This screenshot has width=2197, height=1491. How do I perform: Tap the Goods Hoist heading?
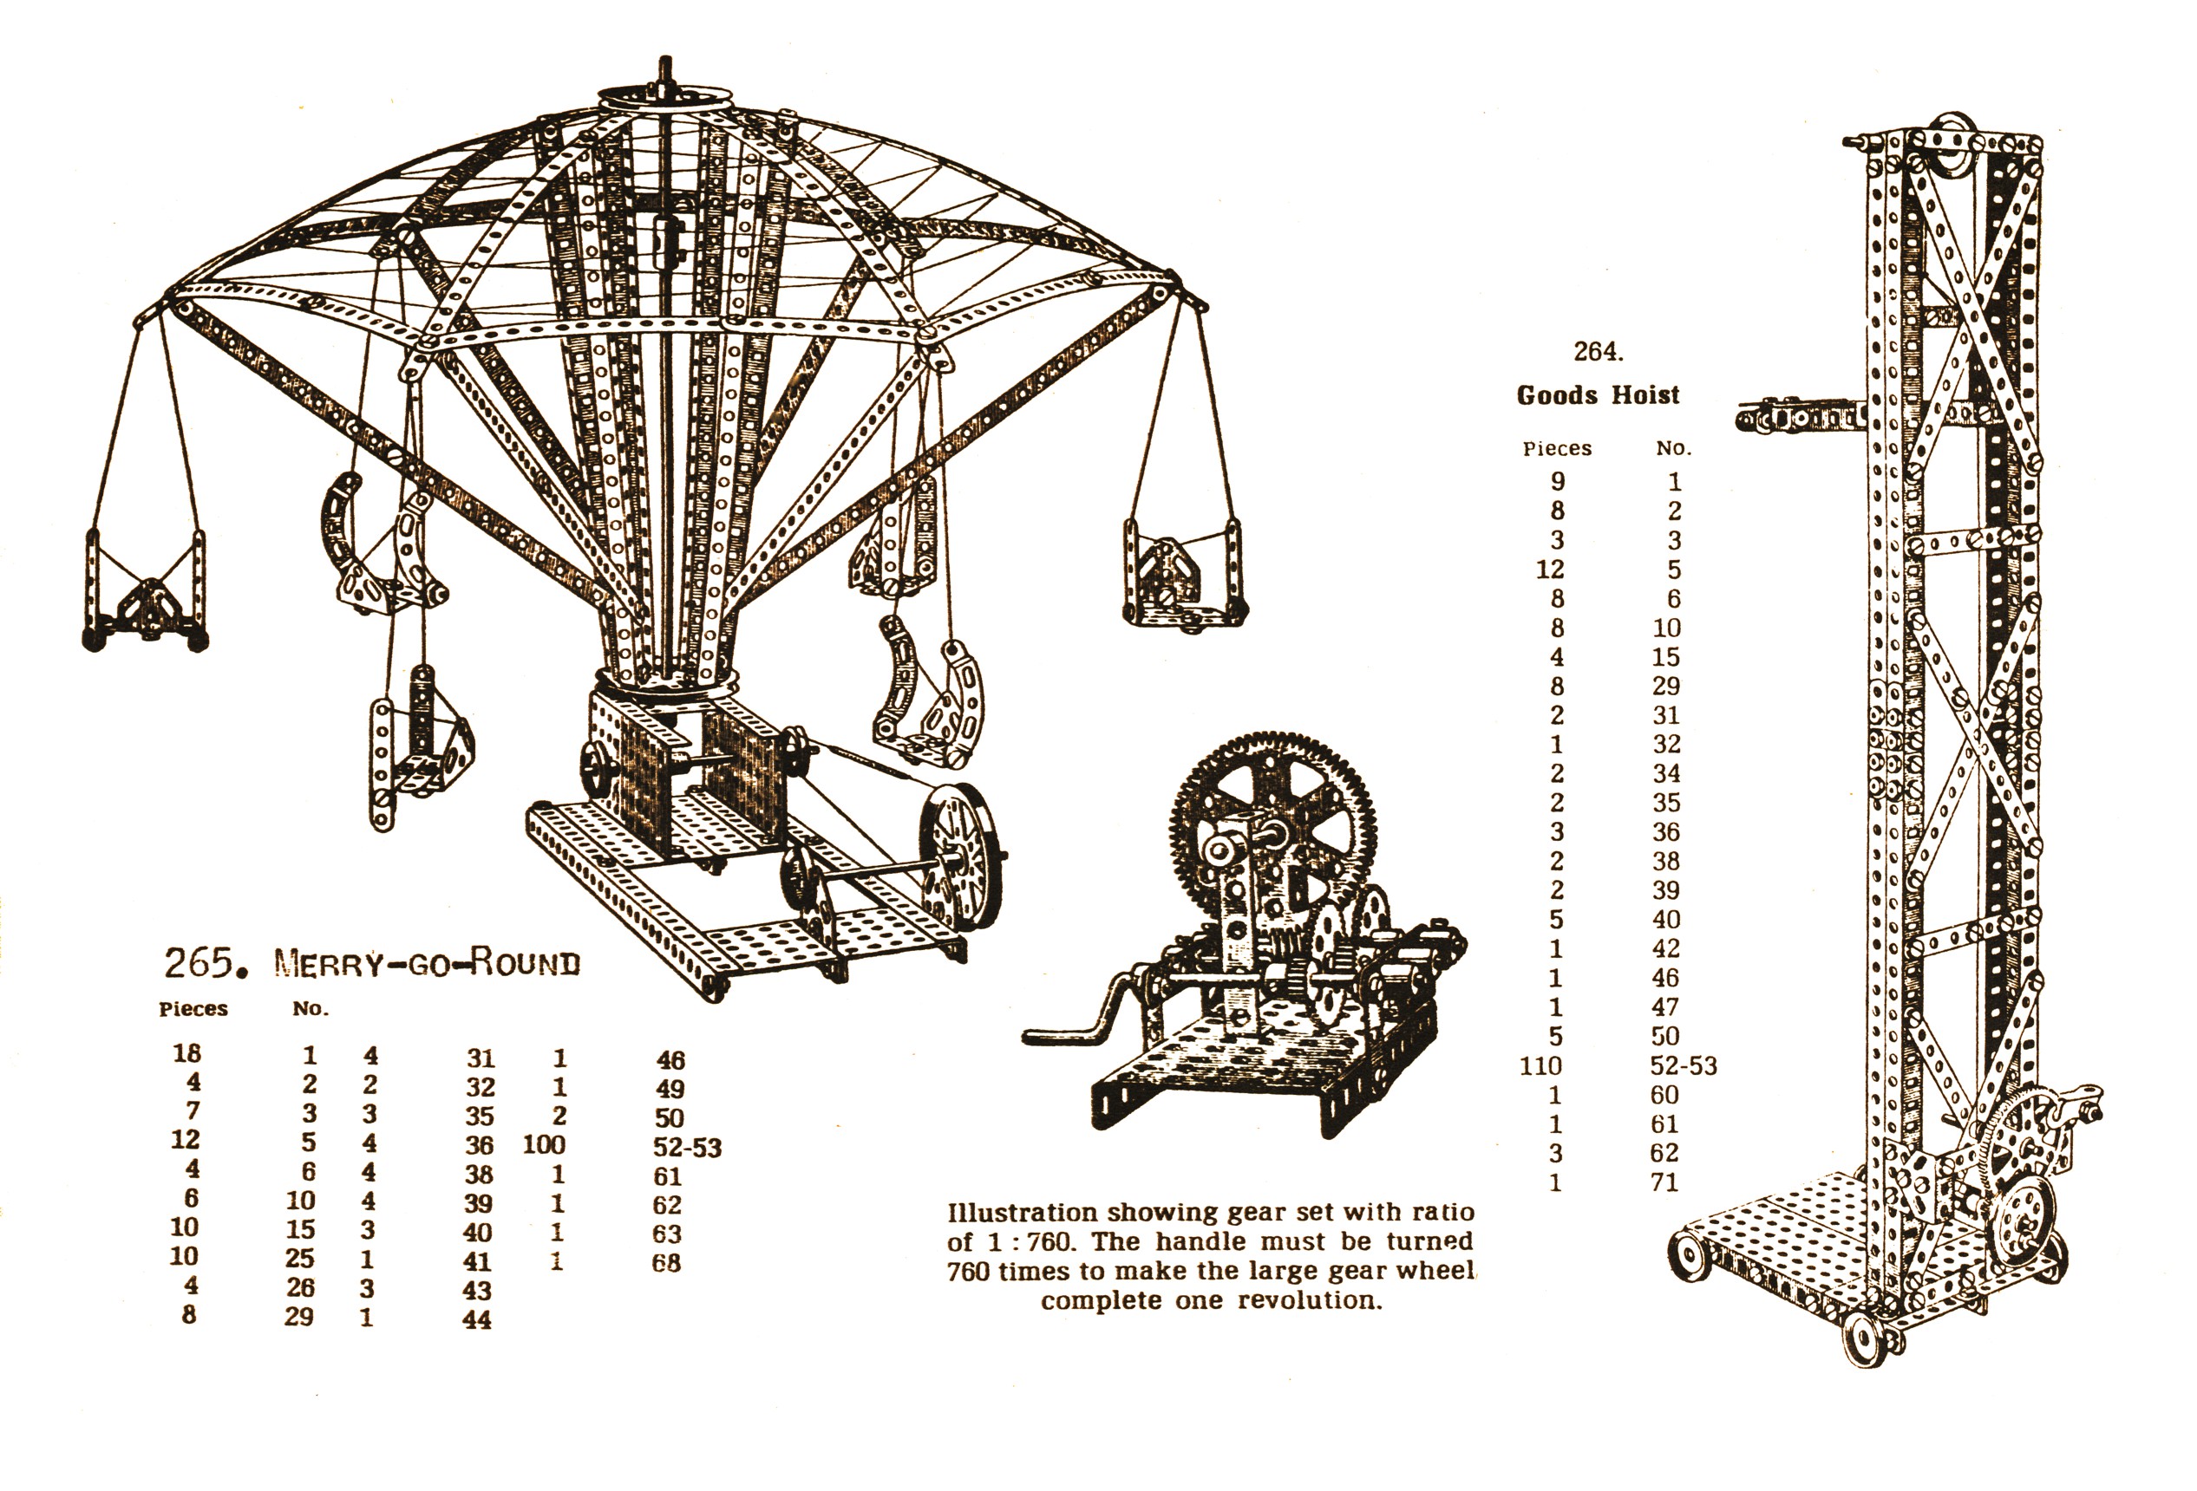tap(1598, 395)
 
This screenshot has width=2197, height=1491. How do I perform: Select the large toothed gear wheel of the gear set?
tap(1272, 821)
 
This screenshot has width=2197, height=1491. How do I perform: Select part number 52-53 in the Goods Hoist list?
tap(1683, 1066)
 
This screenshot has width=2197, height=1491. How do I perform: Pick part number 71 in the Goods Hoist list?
tap(1664, 1182)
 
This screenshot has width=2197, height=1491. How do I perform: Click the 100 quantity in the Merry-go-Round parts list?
tap(545, 1145)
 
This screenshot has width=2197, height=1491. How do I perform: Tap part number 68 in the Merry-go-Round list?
tap(666, 1263)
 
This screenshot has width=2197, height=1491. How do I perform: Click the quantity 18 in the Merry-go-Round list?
tap(187, 1052)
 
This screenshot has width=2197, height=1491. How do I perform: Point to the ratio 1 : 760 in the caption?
tap(1027, 1241)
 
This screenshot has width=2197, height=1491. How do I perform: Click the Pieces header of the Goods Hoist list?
tap(1557, 449)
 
